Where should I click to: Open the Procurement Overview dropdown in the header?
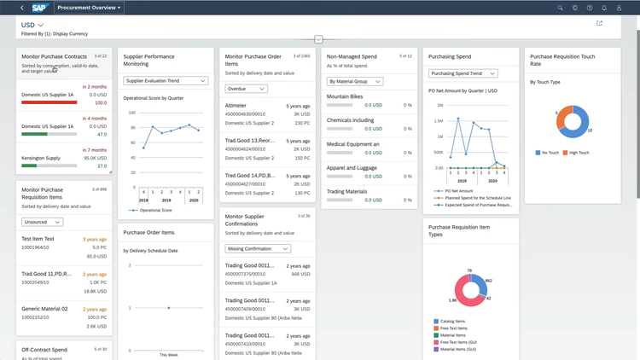pyautogui.click(x=90, y=8)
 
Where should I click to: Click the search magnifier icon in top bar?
pyautogui.click(x=561, y=8)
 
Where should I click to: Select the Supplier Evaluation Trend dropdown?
pyautogui.click(x=165, y=81)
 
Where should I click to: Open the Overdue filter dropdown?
pyautogui.click(x=245, y=88)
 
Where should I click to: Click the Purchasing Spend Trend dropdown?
pyautogui.click(x=462, y=73)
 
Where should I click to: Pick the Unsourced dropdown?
pyautogui.click(x=42, y=221)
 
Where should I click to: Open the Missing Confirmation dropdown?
pyautogui.click(x=256, y=249)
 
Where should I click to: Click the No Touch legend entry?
pyautogui.click(x=550, y=153)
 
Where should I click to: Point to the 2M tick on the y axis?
pyautogui.click(x=439, y=106)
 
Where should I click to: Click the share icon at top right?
pyautogui.click(x=599, y=23)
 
